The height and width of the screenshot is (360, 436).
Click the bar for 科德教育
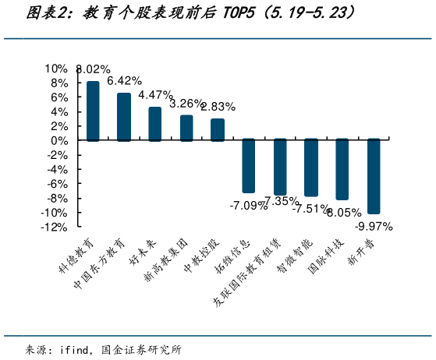click(93, 111)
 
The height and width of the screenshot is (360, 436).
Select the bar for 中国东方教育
click(124, 117)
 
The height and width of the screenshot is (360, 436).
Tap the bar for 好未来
click(155, 124)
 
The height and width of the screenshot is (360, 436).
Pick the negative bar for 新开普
click(374, 176)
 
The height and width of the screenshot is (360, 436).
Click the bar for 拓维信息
click(249, 166)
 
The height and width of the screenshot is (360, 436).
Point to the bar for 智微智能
click(311, 168)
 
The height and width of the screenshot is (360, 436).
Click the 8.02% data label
click(94, 70)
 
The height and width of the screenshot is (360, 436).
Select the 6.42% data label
click(124, 81)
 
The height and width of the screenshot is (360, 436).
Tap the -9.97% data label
click(374, 227)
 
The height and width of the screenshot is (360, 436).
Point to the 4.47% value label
click(155, 95)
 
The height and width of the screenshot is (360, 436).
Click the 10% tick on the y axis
click(57, 68)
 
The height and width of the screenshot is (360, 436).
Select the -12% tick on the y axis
click(54, 228)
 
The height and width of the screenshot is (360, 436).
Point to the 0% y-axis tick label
click(59, 140)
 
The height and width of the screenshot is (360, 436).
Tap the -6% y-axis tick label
click(57, 184)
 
